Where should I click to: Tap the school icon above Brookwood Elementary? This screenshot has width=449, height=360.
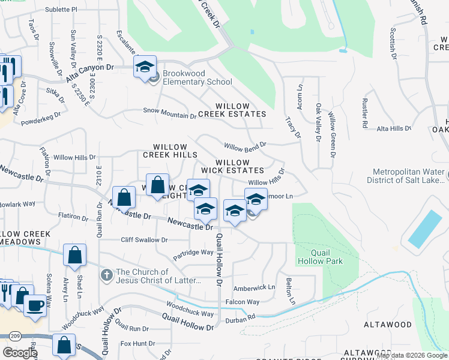(x=145, y=67)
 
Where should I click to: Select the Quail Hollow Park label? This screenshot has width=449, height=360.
(x=319, y=257)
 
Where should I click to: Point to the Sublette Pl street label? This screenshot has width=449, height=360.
(x=66, y=10)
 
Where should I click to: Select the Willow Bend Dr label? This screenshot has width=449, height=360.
(x=245, y=146)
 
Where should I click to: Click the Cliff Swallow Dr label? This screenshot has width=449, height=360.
(x=144, y=240)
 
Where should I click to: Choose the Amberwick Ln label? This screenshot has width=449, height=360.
(x=254, y=287)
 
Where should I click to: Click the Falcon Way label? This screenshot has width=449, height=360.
(x=242, y=302)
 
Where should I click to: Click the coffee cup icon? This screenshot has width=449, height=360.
(x=35, y=306)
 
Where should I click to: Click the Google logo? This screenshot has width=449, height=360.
(x=20, y=353)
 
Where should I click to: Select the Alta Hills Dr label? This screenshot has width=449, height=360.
(x=393, y=128)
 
